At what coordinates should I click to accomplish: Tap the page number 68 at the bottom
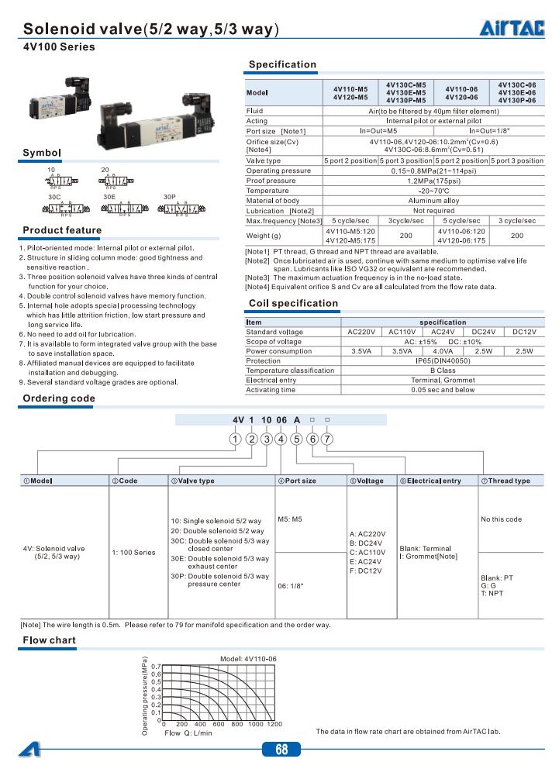coord(281,749)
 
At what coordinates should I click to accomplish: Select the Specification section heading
coord(282,64)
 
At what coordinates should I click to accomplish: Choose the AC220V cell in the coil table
coord(362,332)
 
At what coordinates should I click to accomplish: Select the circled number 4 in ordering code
coord(281,440)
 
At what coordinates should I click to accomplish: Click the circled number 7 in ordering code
coord(328,440)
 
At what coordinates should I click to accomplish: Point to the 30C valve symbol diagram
coord(60,209)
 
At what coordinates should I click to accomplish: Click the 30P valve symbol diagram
coord(181,209)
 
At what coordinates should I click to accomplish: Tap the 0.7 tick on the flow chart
coord(155,667)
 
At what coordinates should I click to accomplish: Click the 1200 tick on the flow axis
coord(274,724)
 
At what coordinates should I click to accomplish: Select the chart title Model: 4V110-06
coord(248,658)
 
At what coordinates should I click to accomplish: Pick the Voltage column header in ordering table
coord(366,481)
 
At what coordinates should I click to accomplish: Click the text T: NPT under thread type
coord(491,593)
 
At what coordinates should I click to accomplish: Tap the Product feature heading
coord(62,230)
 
